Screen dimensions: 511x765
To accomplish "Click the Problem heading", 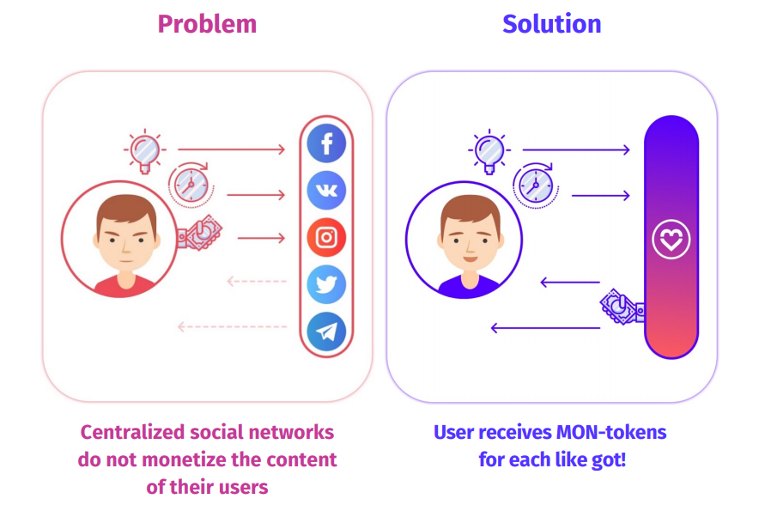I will tap(207, 24).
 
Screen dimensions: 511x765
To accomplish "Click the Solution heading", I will tap(551, 24).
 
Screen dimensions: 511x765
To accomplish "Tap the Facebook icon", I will tap(326, 143).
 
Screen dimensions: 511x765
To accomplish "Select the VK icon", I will tap(326, 190).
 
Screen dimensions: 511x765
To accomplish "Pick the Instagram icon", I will tap(326, 237).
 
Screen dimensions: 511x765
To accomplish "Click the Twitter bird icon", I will tap(326, 284).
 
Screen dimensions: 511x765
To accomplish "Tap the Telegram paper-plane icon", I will tap(326, 332).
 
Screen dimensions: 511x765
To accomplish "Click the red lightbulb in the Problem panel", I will tap(145, 150).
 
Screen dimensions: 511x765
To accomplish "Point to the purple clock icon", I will tap(535, 184).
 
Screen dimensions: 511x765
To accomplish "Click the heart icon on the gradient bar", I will tap(671, 240).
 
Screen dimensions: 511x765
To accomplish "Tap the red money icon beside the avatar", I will tap(198, 234).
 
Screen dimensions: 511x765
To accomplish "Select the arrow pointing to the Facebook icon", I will tap(231, 149).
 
